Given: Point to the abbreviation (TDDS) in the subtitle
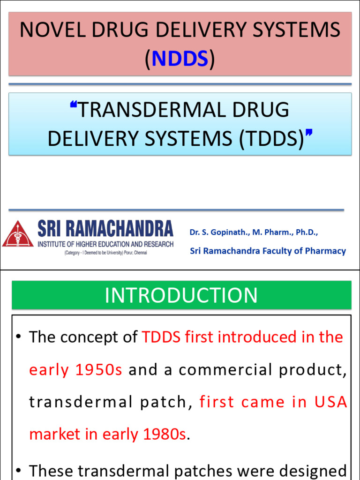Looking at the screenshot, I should tap(271, 139).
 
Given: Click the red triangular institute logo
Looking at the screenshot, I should tap(17, 234).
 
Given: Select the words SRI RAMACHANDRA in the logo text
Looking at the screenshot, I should tap(105, 229).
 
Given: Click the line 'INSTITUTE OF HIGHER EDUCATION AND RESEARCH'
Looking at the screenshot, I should tap(105, 244).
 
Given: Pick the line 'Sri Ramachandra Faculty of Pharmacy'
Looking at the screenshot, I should tap(268, 251).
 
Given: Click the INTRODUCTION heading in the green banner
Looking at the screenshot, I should tap(181, 295).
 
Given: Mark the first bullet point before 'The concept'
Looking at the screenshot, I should tap(18, 337).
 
